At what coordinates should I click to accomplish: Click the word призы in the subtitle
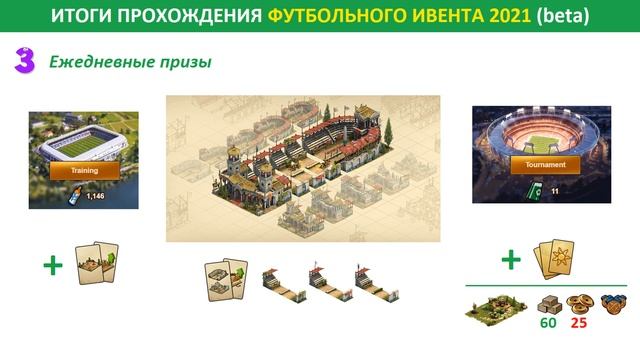(182, 63)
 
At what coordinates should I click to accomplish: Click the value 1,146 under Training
(96, 196)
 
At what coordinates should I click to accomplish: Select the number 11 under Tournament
(554, 190)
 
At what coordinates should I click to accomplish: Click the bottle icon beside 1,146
(76, 195)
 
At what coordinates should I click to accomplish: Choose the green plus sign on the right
(511, 261)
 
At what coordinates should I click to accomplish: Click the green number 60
(547, 323)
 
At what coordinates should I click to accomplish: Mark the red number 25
(577, 323)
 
